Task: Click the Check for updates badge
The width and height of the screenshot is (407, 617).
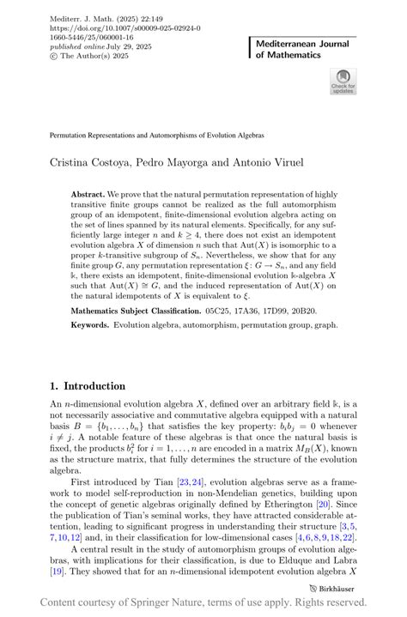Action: [x=343, y=82]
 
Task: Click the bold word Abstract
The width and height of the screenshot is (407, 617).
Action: [x=90, y=195]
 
